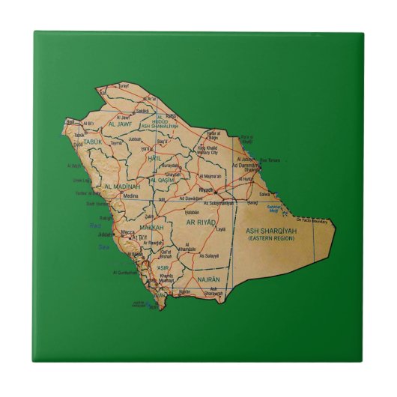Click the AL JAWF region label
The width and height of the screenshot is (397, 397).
(120, 124)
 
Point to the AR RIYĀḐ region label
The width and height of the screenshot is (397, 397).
(201, 222)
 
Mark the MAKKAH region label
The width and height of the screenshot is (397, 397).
(151, 227)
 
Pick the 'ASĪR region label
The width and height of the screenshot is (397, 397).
(163, 267)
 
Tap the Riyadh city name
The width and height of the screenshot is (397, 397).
(207, 190)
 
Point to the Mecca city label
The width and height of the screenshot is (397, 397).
(128, 232)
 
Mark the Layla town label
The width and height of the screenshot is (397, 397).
(220, 228)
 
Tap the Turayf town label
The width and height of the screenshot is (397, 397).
(124, 87)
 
